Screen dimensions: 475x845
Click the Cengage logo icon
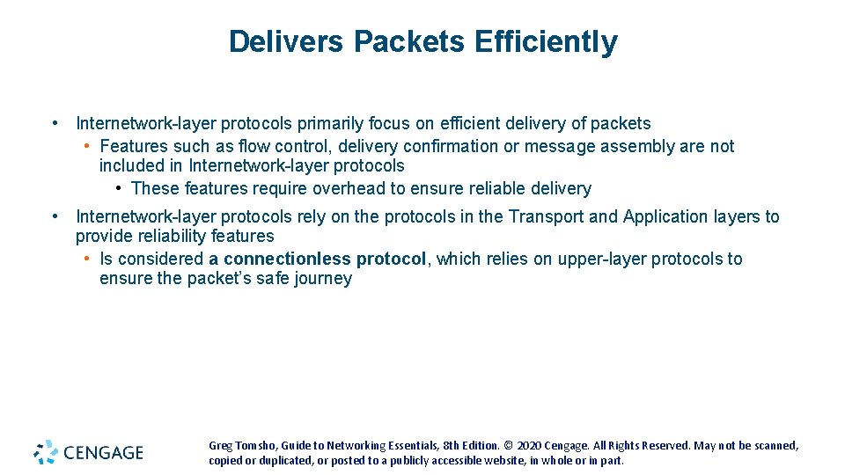[x=46, y=452]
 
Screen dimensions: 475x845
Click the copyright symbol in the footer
[x=508, y=446]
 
